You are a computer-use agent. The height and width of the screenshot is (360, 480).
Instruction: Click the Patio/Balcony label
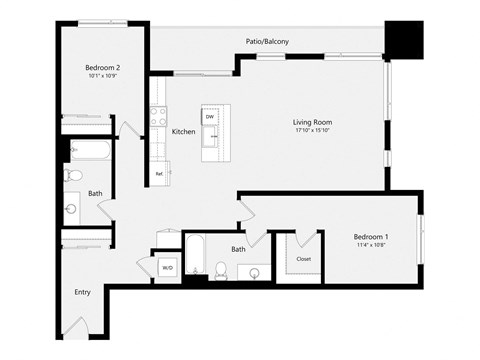(267, 42)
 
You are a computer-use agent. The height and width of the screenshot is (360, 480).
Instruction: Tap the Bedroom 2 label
(103, 68)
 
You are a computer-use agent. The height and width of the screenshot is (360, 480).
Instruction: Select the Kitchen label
(183, 131)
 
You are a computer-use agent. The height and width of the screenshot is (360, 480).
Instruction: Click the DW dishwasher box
(210, 118)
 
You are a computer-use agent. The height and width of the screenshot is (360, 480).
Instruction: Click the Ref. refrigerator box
(159, 174)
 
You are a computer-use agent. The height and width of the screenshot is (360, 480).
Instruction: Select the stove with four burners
(158, 118)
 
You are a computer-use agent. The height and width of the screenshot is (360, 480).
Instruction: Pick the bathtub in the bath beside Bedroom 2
(90, 152)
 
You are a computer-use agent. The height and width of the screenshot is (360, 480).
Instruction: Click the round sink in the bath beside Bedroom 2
(71, 209)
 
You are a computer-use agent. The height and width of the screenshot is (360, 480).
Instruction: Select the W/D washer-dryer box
(166, 268)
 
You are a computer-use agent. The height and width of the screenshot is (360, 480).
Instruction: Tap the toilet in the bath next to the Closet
(221, 268)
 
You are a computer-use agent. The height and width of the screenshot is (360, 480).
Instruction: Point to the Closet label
(303, 258)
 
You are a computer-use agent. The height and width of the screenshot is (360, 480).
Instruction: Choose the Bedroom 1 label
(371, 236)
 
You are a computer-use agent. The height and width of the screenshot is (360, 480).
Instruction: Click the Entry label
(82, 292)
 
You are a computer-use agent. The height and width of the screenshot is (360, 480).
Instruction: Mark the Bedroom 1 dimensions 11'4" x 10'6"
(371, 245)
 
